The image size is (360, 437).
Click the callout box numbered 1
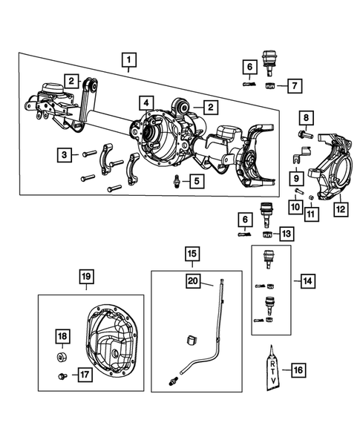tap(129, 60)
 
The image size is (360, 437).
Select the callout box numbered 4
tap(146, 103)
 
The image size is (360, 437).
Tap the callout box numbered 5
tap(197, 181)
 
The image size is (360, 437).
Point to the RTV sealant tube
tap(272, 369)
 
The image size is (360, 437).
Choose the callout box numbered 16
tap(298, 370)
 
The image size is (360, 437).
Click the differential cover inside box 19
tap(110, 341)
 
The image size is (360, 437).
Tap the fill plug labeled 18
tap(62, 357)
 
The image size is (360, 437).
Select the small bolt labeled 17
tap(62, 376)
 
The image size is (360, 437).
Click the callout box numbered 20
tap(193, 281)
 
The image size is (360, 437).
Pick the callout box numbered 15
tap(192, 254)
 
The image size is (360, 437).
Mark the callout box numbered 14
tap(307, 281)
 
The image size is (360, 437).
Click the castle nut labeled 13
tap(268, 234)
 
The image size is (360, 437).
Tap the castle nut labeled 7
tap(269, 85)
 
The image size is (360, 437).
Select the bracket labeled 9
tap(301, 156)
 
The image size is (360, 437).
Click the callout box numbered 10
tap(295, 207)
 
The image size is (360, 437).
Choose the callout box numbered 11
tap(311, 214)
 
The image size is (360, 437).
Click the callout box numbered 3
tap(65, 154)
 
